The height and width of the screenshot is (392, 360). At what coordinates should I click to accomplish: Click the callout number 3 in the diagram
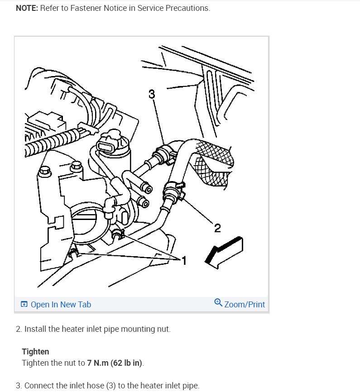(152, 94)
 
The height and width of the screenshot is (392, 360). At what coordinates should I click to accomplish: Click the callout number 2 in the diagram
(217, 228)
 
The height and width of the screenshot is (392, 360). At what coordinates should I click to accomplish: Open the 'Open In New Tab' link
(61, 304)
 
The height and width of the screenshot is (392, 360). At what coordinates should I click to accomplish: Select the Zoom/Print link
(245, 304)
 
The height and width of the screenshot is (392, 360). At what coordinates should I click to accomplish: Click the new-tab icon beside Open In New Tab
(24, 304)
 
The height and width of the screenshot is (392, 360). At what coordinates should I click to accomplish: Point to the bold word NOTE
(26, 8)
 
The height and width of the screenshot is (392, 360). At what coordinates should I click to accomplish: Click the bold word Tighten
(35, 351)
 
